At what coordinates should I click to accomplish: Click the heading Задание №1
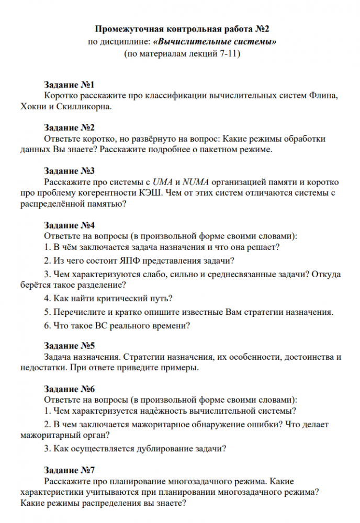[69, 85]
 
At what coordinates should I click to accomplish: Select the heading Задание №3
[69, 171]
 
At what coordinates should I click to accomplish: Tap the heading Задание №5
[69, 346]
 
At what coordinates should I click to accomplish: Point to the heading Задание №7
[69, 469]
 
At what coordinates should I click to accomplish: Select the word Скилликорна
[85, 107]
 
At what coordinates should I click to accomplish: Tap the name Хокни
[32, 107]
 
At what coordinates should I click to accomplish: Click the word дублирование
[160, 448]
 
